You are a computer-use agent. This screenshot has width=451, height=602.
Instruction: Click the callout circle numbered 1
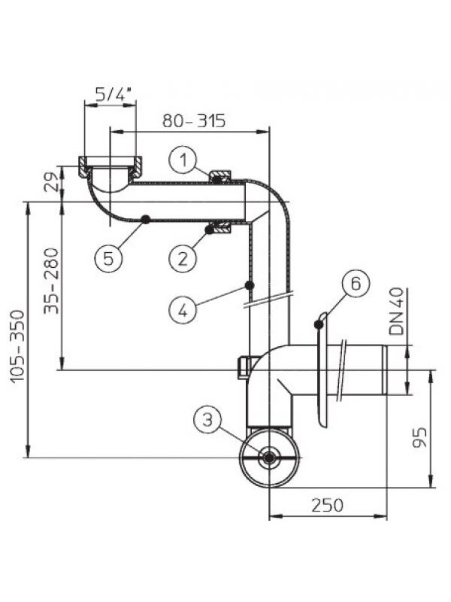pos(183,160)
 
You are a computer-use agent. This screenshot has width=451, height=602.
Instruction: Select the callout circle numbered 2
pos(183,257)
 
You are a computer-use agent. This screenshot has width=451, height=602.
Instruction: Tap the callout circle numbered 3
pos(207,419)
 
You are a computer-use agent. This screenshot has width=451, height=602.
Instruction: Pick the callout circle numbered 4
pos(183,310)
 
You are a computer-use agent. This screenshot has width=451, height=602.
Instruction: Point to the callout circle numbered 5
pos(108,258)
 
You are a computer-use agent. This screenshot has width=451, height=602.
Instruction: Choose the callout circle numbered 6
pos(356,284)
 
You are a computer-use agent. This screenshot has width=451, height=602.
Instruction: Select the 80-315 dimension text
pos(194,120)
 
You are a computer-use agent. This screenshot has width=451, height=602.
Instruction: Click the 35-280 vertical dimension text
pos(51,281)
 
